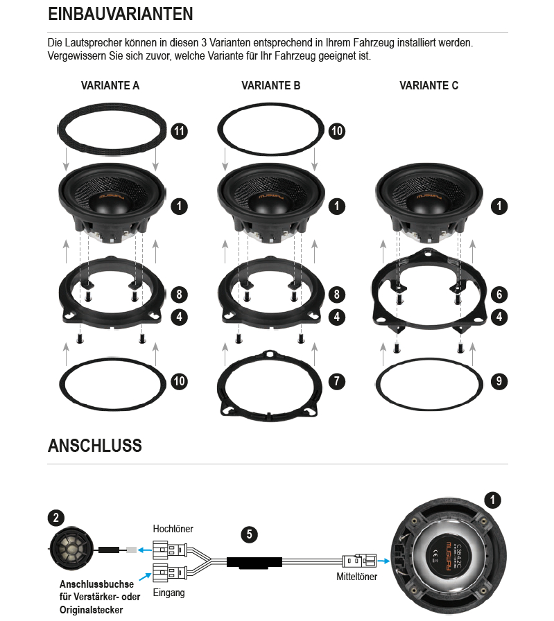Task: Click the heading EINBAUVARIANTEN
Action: pyautogui.click(x=121, y=14)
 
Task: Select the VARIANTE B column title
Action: pyautogui.click(x=271, y=85)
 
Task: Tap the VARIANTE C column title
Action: pyautogui.click(x=429, y=85)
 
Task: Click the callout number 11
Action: pyautogui.click(x=179, y=131)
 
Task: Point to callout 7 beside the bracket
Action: pyautogui.click(x=337, y=381)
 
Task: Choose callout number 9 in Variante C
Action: pyautogui.click(x=499, y=381)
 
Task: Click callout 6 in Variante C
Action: pyautogui.click(x=499, y=295)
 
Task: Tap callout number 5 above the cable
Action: pyautogui.click(x=249, y=534)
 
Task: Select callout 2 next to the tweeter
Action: pyautogui.click(x=56, y=518)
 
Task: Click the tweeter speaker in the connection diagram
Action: pyautogui.click(x=71, y=550)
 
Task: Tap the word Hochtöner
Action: pyautogui.click(x=173, y=529)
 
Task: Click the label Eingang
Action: pyautogui.click(x=168, y=593)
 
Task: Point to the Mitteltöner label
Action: pyautogui.click(x=356, y=577)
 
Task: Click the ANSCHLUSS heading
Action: pyautogui.click(x=95, y=446)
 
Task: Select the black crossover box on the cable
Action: pyautogui.click(x=254, y=562)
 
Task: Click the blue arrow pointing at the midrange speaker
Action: pyautogui.click(x=383, y=561)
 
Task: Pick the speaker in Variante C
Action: pyautogui.click(x=429, y=202)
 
